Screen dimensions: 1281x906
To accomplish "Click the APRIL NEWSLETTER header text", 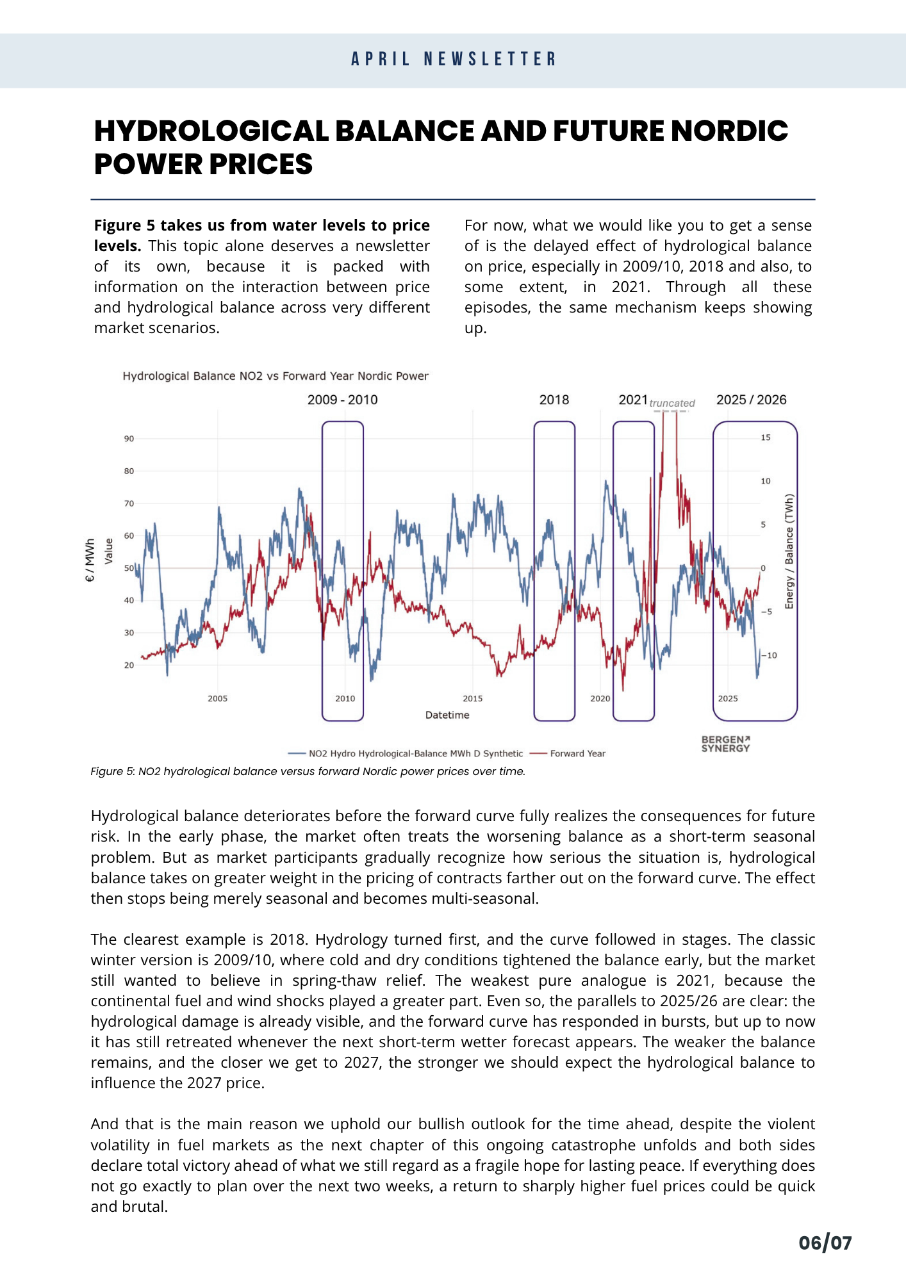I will click(x=453, y=59).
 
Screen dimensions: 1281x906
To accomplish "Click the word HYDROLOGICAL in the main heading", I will click(x=211, y=131).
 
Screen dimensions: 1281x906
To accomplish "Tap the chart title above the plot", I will click(x=276, y=376).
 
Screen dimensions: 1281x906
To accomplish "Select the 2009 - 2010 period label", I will click(x=342, y=400).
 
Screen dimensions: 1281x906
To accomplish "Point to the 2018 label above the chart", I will click(x=554, y=400).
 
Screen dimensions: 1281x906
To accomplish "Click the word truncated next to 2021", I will click(x=671, y=403).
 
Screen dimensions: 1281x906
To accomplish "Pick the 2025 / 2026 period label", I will click(x=751, y=400).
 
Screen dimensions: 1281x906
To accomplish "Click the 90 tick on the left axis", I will click(x=129, y=439).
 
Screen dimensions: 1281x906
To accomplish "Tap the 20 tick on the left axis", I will click(x=129, y=665).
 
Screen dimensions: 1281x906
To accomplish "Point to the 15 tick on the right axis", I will click(x=766, y=437).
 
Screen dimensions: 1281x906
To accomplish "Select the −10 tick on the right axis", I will click(x=770, y=655).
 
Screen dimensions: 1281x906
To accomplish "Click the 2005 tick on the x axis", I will click(x=218, y=698).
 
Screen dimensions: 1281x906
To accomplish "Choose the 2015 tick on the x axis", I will click(x=473, y=698).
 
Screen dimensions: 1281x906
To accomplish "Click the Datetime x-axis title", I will click(x=447, y=715).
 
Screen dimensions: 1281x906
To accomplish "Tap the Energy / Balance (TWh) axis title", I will click(x=789, y=551).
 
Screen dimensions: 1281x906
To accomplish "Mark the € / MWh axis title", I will click(x=90, y=560).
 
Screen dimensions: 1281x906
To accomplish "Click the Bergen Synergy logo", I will click(x=725, y=744).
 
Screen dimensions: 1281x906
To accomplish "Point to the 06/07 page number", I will click(x=825, y=1243).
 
